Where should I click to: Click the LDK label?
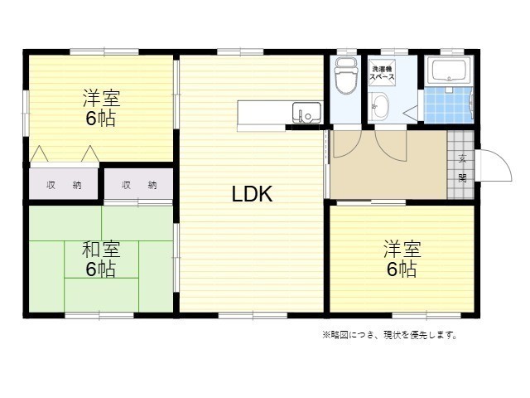(252, 194)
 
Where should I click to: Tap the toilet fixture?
(345, 75)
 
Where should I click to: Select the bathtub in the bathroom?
(449, 70)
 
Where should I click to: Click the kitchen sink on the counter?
(306, 113)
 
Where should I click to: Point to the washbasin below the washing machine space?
(379, 106)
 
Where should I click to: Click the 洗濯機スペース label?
(382, 73)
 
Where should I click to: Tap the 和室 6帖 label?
(101, 259)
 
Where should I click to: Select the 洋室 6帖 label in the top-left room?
(101, 108)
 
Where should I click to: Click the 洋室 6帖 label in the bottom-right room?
(402, 259)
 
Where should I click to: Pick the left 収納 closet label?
(64, 185)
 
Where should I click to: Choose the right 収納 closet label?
(139, 185)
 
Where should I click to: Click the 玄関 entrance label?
(462, 168)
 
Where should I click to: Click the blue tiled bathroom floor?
(448, 105)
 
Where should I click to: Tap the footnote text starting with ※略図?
(390, 335)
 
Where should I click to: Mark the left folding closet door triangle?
(39, 153)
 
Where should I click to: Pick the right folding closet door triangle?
(90, 153)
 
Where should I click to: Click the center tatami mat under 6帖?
(101, 260)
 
